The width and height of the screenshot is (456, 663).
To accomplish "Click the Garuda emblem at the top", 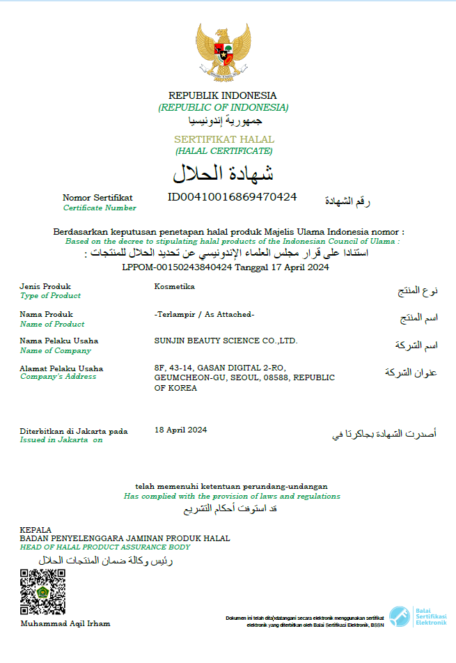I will coord(223,52).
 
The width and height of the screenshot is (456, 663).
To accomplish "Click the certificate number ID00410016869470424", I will coord(233,197).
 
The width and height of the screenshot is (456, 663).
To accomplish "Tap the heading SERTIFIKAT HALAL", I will coord(223,139).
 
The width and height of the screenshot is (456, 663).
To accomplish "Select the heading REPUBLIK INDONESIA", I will coord(223,95).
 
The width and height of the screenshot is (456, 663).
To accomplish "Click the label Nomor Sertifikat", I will coord(97,198).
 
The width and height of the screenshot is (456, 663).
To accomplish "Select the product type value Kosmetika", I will coord(175,286).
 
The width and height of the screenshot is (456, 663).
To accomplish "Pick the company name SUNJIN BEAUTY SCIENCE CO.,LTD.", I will coord(226,341).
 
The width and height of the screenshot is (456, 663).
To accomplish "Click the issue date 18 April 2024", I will coord(180,430).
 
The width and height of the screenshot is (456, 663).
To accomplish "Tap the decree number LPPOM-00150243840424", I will coord(178,267).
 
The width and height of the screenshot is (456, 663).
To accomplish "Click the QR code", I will coord(42,592).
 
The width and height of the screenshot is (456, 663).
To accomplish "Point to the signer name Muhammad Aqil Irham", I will coord(65,623).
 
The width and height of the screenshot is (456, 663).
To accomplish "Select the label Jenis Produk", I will coord(45,286).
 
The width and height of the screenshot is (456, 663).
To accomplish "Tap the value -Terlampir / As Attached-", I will coord(204,314).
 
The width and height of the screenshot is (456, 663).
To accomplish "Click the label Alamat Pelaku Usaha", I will coord(61,368).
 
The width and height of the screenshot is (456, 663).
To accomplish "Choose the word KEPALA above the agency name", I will coord(36,530).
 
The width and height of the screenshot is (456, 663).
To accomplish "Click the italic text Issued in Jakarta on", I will coord(61,439).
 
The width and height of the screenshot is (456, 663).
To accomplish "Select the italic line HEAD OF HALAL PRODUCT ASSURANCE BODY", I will coord(105,547).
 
